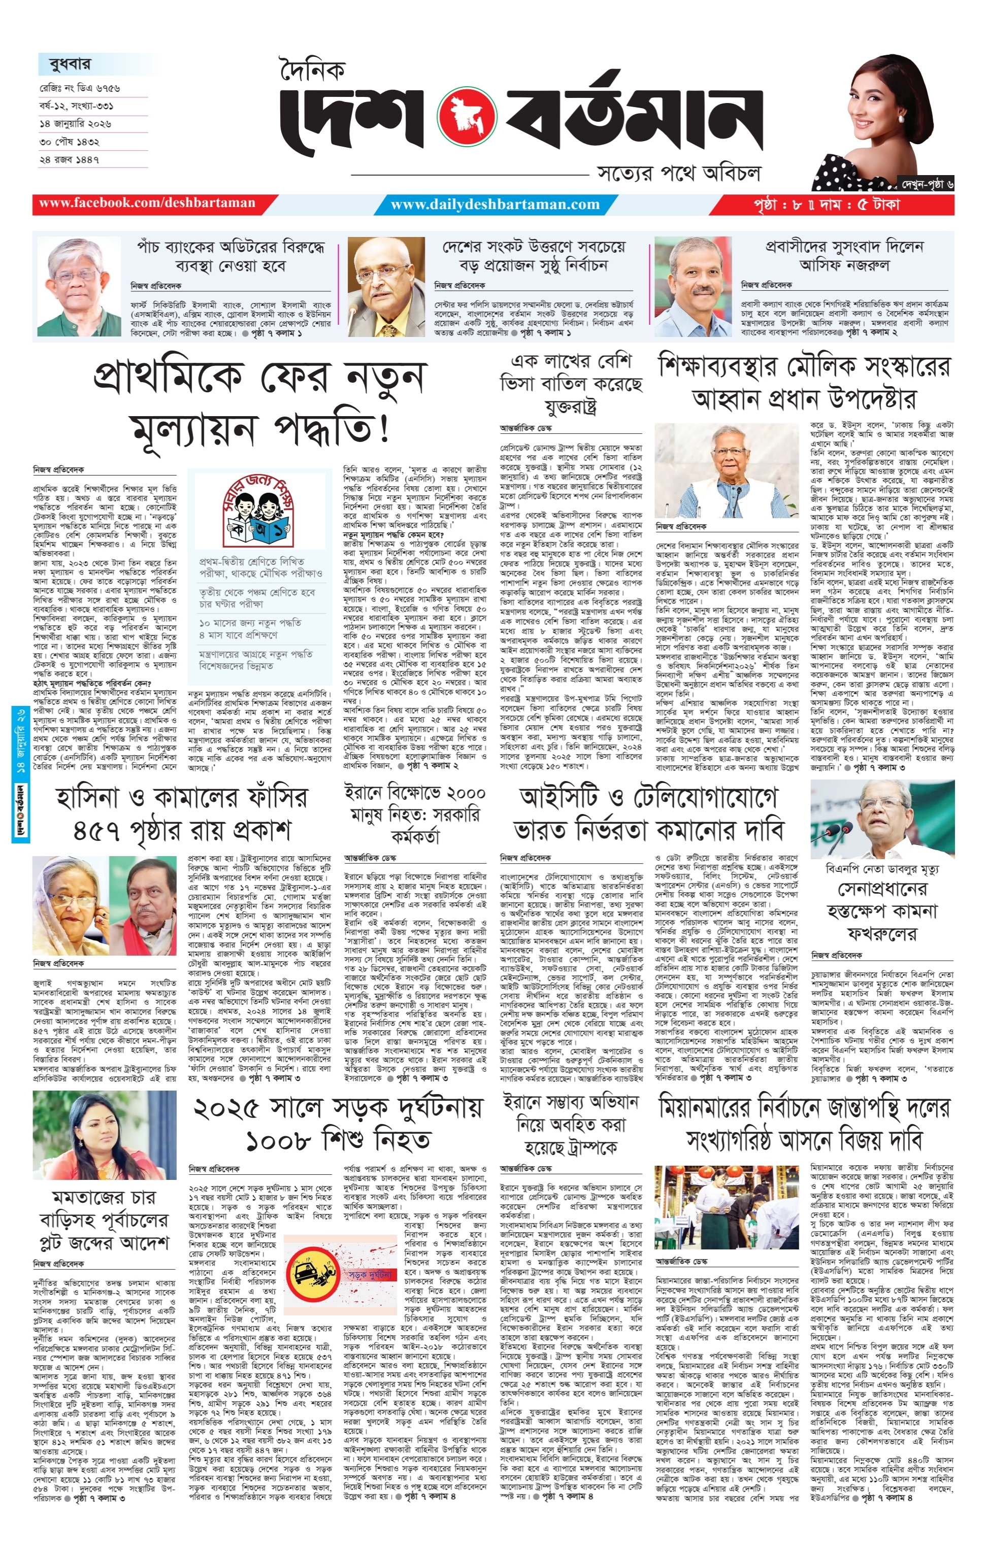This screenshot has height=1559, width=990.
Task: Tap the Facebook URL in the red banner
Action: tap(147, 204)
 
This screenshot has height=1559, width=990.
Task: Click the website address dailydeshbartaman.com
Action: tap(496, 205)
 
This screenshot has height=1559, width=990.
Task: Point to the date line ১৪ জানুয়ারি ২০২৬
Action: tap(75, 123)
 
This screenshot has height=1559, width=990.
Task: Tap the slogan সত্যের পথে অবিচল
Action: tap(678, 174)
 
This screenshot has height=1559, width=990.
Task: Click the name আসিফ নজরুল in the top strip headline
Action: tap(844, 265)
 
